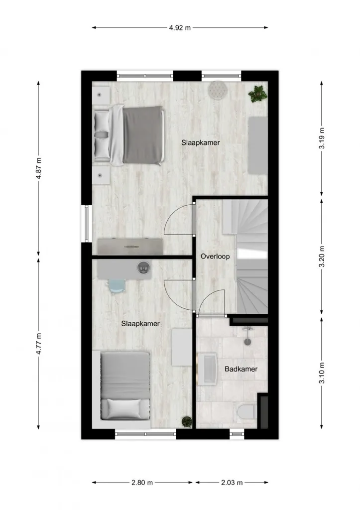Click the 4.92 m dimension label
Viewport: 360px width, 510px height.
pyautogui.click(x=180, y=28)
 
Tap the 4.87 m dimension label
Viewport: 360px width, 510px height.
pyautogui.click(x=39, y=168)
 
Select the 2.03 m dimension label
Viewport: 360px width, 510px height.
pyautogui.click(x=232, y=482)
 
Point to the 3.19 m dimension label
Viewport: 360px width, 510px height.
pyautogui.click(x=322, y=138)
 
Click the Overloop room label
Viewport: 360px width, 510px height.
pyautogui.click(x=215, y=256)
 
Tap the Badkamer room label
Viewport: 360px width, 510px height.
pyautogui.click(x=241, y=369)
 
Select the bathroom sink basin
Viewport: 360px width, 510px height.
pyautogui.click(x=207, y=369)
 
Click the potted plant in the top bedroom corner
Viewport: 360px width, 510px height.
pyautogui.click(x=258, y=94)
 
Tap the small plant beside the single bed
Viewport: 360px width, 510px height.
pyautogui.click(x=187, y=422)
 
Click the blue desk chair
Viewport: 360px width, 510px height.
pyautogui.click(x=117, y=285)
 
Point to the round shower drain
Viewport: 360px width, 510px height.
pyautogui.click(x=247, y=342)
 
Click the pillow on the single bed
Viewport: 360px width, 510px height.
pyautogui.click(x=124, y=408)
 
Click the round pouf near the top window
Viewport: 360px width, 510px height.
pyautogui.click(x=217, y=89)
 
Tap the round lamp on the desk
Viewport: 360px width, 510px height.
pyautogui.click(x=143, y=267)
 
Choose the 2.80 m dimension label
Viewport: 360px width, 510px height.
pyautogui.click(x=142, y=482)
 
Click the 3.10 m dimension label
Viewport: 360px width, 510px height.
pyautogui.click(x=322, y=373)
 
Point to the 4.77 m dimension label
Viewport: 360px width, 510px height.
pyautogui.click(x=39, y=344)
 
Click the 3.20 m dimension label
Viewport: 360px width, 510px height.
pyautogui.click(x=322, y=256)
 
